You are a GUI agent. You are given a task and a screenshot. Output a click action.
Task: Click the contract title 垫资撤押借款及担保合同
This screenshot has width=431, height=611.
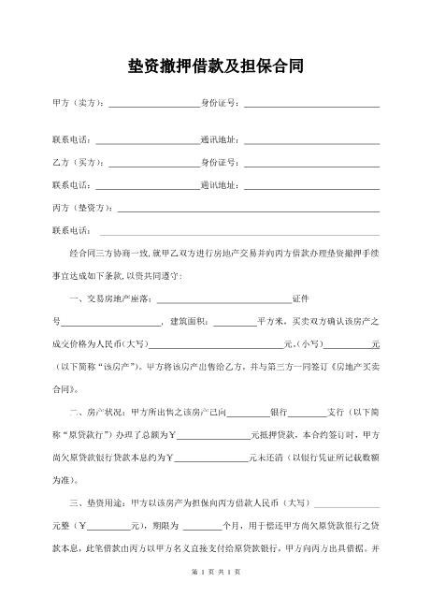click(215, 67)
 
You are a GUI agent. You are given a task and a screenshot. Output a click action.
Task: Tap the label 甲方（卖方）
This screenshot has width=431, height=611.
click(79, 101)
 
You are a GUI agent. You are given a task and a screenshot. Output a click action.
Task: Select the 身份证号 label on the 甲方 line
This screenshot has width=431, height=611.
click(222, 101)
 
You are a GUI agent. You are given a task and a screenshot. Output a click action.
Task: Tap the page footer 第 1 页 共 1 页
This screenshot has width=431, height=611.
click(215, 596)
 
